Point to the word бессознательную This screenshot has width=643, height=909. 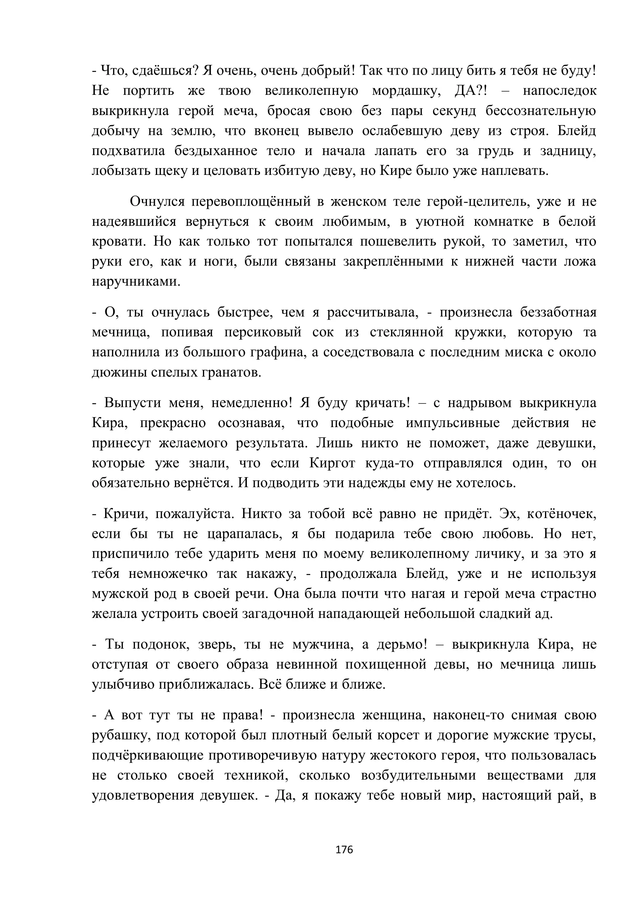(x=540, y=111)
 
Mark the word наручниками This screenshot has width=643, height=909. (x=136, y=281)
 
